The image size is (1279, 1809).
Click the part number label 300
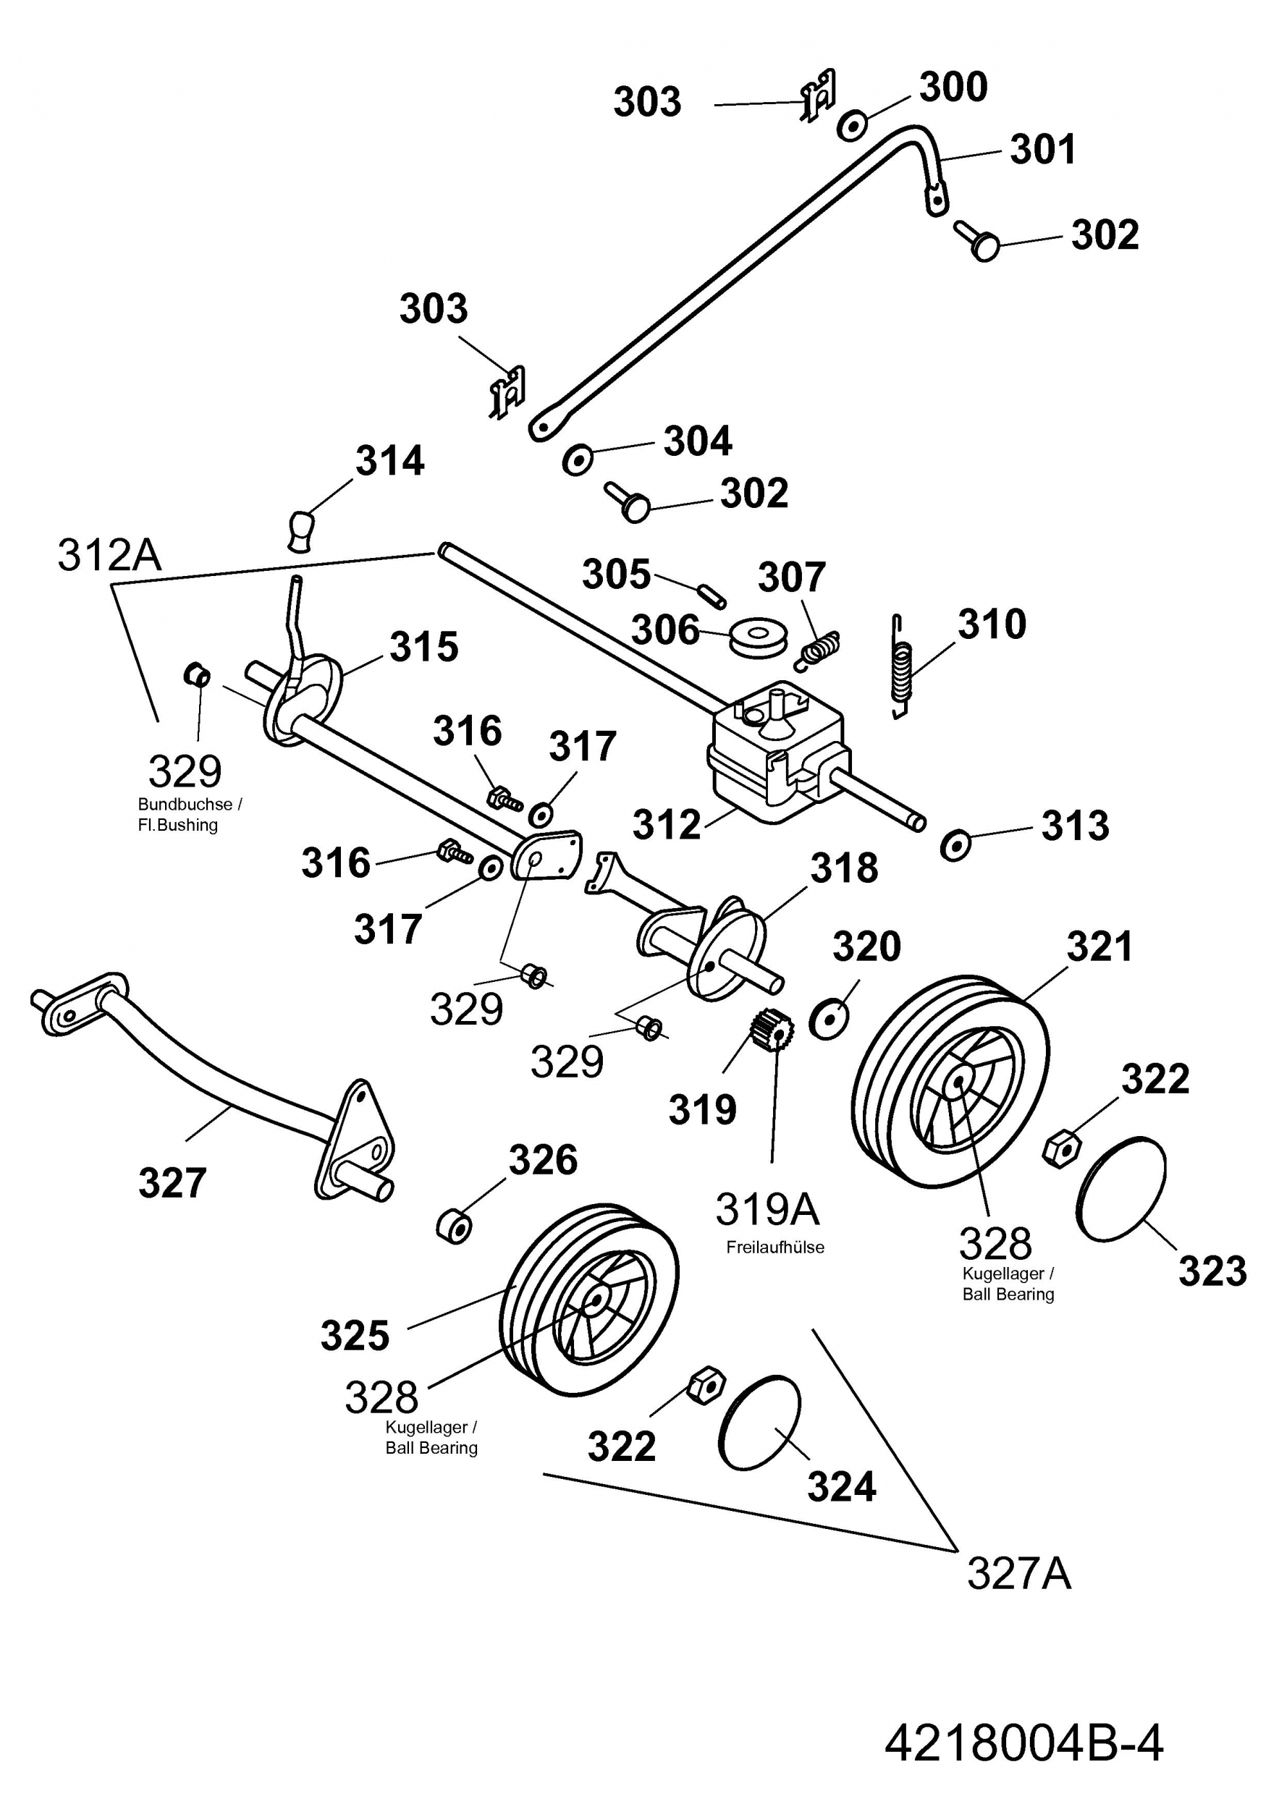point(953,87)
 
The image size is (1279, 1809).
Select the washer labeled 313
point(956,844)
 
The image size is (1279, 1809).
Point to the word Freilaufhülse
point(774,1247)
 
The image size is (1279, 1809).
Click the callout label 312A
point(109,555)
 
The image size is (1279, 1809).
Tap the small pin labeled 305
point(712,594)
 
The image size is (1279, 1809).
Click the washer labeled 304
point(578,459)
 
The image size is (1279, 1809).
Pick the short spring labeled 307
point(816,650)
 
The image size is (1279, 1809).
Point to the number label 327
point(172,1182)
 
